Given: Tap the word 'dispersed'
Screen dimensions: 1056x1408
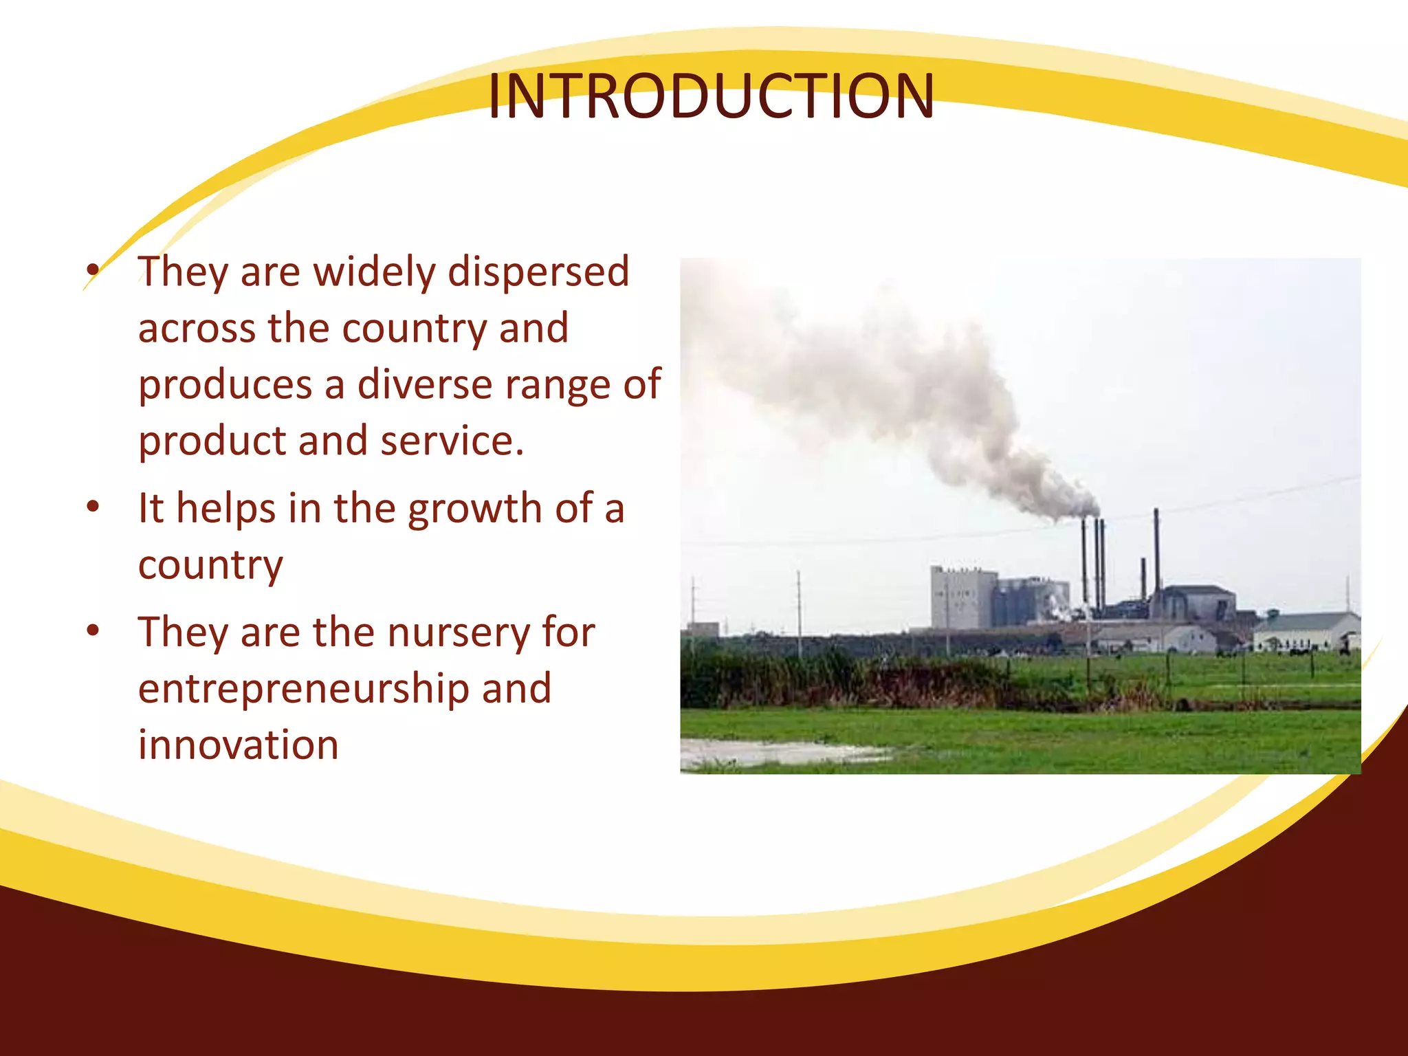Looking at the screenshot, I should pos(538,272).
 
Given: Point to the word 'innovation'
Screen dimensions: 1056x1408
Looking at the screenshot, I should pos(239,745).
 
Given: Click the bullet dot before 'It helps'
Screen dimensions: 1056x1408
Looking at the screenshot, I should pos(93,508).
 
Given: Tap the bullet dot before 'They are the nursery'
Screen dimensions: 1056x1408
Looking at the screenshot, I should pos(93,630).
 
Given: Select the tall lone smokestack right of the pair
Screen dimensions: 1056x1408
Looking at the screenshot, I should pos(1156,550).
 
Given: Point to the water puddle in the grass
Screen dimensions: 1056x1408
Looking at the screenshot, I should pos(777,751).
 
